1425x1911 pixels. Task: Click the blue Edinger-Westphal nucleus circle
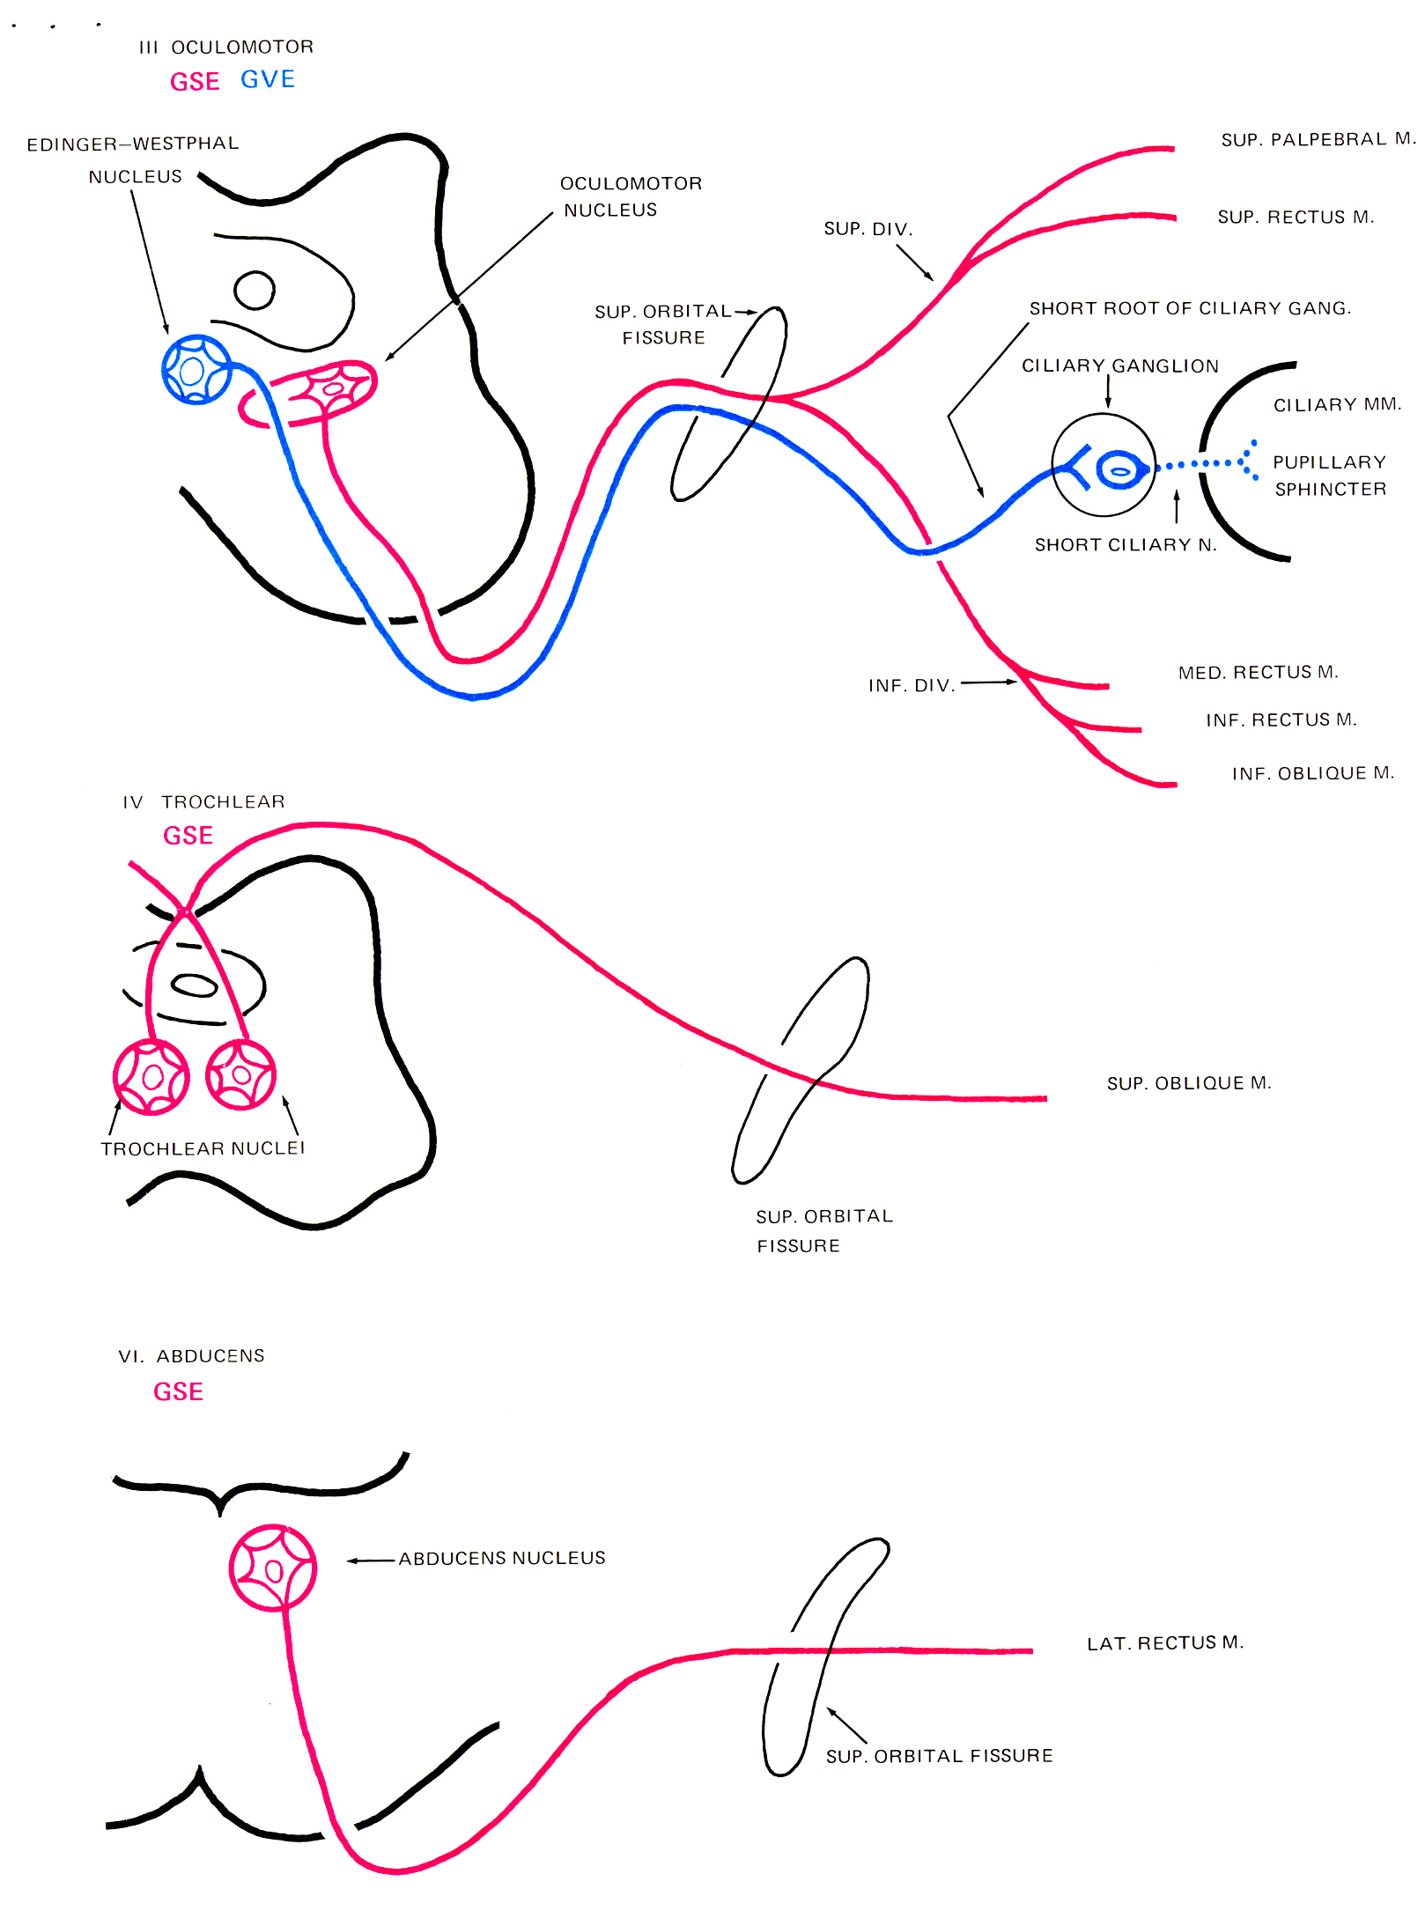[x=196, y=370]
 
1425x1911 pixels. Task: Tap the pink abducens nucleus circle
[x=273, y=1568]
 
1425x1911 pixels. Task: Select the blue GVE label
[x=268, y=79]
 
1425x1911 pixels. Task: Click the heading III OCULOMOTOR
[x=225, y=47]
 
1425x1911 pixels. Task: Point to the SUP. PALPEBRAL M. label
[x=1318, y=139]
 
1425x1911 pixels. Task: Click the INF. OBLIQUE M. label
[x=1312, y=773]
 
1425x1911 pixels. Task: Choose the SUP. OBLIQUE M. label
[x=1189, y=1082]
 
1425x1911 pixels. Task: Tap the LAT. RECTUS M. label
[x=1164, y=1643]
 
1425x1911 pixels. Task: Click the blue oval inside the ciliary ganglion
[x=1119, y=470]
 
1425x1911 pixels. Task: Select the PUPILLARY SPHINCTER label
[x=1330, y=476]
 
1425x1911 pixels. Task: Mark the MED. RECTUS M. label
[x=1258, y=672]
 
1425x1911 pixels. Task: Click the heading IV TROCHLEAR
[x=203, y=801]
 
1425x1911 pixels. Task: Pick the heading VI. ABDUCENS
[x=191, y=1356]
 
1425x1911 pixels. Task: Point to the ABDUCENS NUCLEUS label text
[x=502, y=1558]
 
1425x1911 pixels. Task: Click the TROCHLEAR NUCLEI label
[x=203, y=1148]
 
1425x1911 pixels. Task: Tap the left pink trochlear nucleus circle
[x=151, y=1077]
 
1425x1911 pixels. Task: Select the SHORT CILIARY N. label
[x=1126, y=545]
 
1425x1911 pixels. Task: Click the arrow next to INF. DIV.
[x=988, y=682]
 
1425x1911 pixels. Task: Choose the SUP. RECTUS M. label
[x=1296, y=217]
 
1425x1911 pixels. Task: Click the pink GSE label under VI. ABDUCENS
[x=178, y=1391]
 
